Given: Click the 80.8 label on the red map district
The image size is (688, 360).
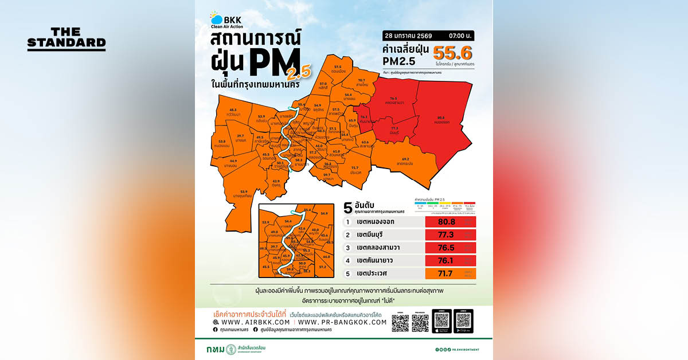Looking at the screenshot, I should [x=440, y=118].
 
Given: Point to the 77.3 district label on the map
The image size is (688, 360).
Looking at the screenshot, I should [x=394, y=128].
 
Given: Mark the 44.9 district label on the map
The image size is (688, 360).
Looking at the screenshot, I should [x=233, y=161].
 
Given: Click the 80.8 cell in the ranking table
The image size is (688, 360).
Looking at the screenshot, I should [x=446, y=221].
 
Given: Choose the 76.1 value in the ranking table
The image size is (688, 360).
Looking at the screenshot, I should [x=446, y=260].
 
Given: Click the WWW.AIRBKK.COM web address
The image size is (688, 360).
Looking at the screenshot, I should [x=251, y=322].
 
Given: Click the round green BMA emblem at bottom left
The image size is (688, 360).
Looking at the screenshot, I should [x=231, y=349].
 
